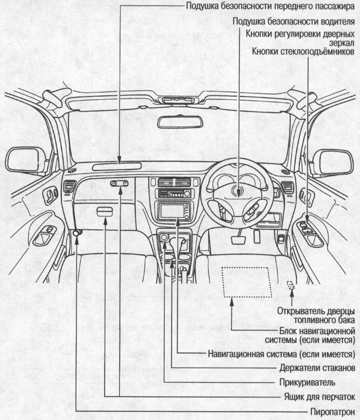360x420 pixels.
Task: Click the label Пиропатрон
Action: [333, 412]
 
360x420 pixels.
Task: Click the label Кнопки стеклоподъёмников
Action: [304, 51]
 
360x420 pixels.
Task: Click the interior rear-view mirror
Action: [180, 122]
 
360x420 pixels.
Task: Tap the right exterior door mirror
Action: [333, 162]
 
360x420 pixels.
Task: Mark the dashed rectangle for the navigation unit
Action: [247, 281]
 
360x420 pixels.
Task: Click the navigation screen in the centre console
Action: [172, 211]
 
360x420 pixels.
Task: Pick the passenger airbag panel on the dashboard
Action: [119, 166]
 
